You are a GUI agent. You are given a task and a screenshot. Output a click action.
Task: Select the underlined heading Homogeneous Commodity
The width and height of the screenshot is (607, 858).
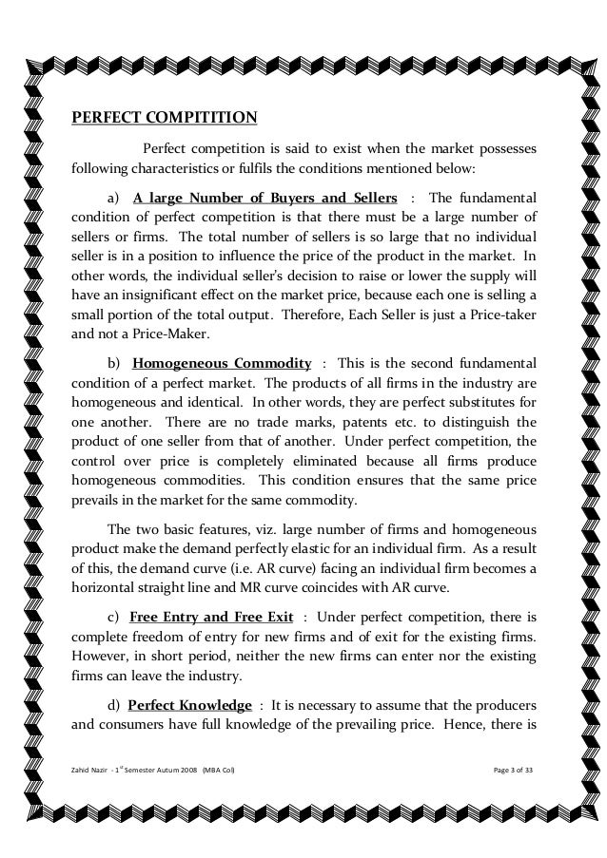(221, 363)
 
